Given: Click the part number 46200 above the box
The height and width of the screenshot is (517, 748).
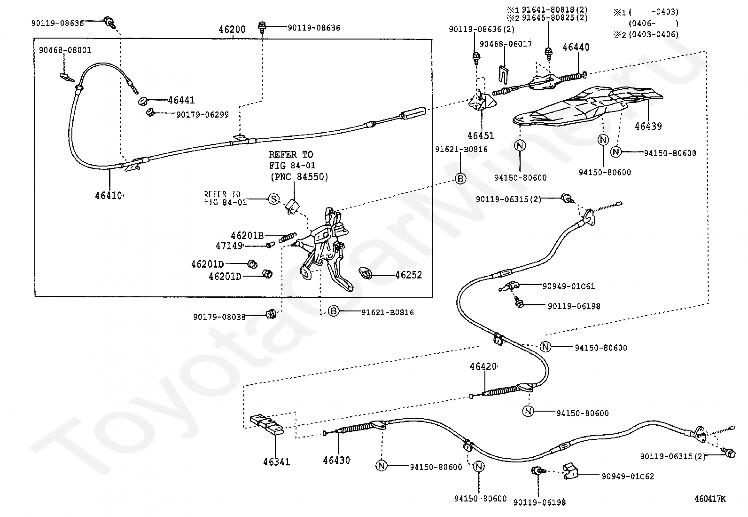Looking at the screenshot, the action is [232, 30].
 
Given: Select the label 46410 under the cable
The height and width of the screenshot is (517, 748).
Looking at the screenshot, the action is [109, 196].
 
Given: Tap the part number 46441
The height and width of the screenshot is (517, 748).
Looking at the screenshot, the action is [181, 100].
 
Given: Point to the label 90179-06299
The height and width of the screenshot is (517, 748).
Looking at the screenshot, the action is [203, 115].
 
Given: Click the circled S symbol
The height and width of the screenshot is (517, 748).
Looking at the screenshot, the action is [274, 199].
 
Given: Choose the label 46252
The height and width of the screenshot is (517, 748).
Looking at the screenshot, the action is [409, 275].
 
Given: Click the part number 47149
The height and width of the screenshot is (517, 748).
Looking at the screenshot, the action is [229, 246].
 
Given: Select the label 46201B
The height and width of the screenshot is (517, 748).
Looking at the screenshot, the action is [248, 235].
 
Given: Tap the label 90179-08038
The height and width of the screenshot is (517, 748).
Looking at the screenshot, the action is [219, 317].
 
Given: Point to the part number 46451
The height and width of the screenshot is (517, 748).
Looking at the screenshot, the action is [481, 135].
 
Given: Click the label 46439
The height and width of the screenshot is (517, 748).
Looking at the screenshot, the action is [648, 126].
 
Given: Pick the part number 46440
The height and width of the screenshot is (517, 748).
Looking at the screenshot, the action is [576, 47].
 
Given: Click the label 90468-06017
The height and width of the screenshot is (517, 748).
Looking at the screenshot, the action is [506, 44].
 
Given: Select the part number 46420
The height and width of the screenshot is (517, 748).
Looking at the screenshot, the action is [483, 366].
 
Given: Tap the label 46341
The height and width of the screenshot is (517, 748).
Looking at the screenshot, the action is [276, 462].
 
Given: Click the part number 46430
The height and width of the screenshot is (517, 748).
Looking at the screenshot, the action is [336, 460].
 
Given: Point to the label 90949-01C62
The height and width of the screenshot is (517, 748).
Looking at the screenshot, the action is [628, 476].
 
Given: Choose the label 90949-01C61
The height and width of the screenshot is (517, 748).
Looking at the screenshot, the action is [569, 286].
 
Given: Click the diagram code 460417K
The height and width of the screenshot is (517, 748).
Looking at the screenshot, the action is [710, 499].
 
